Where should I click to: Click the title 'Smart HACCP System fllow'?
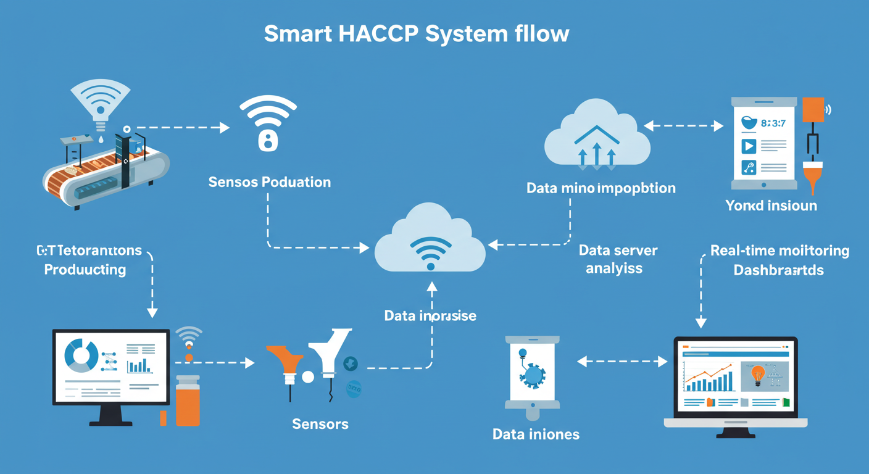click(417, 34)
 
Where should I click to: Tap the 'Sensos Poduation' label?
click(270, 182)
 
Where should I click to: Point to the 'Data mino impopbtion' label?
click(601, 188)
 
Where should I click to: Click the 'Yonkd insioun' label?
click(771, 206)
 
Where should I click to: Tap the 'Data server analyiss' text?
click(618, 259)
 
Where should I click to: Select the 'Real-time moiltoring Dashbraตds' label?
click(780, 260)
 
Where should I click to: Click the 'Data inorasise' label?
click(430, 315)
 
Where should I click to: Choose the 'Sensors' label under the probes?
click(320, 424)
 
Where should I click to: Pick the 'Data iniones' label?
click(536, 434)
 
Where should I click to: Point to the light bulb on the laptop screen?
click(757, 373)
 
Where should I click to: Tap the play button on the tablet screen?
click(749, 146)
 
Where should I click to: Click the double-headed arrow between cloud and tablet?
click(684, 127)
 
